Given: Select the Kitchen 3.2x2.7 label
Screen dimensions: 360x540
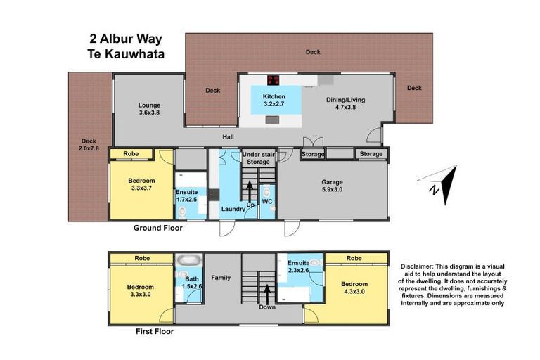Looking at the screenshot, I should [274, 100].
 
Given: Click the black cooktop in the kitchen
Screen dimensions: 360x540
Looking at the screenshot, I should [274, 79].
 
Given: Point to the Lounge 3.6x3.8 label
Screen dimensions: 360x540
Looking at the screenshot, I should [149, 108].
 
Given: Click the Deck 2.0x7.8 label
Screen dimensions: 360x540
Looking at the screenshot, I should [88, 144].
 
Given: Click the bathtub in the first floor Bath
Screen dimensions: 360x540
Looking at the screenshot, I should [188, 260].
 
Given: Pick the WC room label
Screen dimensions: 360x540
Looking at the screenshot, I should [267, 202].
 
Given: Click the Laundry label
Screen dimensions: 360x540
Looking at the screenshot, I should [232, 209].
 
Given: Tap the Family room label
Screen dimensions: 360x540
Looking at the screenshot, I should [221, 278].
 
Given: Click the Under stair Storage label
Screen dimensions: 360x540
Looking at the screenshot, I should [257, 157].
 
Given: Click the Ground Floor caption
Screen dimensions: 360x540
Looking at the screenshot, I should [157, 228].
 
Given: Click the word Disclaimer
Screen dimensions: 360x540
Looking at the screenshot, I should [419, 266].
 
